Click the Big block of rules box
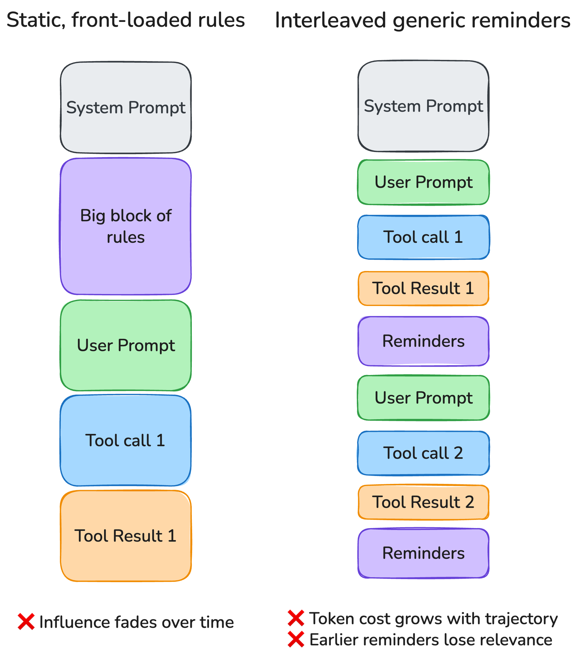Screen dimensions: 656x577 click(125, 226)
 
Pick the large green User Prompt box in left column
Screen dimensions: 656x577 click(125, 345)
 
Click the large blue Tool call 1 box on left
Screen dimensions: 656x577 click(125, 440)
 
